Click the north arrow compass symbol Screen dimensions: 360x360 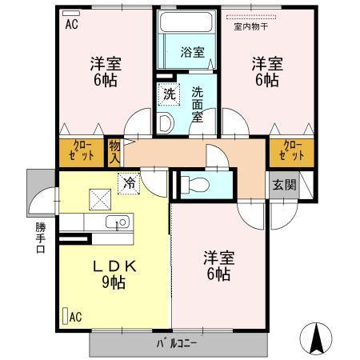click(316, 338)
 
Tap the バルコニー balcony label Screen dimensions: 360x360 click(176, 343)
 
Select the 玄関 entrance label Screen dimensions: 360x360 click(284, 185)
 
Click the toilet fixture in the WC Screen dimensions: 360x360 click(194, 185)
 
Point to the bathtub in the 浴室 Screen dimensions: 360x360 click(186, 22)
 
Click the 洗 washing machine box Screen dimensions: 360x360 click(169, 94)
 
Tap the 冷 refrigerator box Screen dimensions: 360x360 click(129, 183)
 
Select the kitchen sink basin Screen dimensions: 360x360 click(118, 222)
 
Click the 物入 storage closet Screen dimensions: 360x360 click(114, 153)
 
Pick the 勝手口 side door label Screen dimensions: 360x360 click(41, 238)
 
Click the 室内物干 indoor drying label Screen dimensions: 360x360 click(251, 26)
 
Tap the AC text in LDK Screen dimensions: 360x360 click(75, 317)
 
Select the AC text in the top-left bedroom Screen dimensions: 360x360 click(72, 25)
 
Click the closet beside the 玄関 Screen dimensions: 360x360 click(291, 153)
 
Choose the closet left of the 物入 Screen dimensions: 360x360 click(81, 153)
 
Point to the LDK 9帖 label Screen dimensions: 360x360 click(114, 274)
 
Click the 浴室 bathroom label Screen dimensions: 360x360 click(193, 52)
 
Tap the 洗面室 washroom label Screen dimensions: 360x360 click(198, 105)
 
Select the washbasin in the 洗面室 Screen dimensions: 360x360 click(166, 123)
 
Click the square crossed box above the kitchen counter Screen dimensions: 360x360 click(100, 199)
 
